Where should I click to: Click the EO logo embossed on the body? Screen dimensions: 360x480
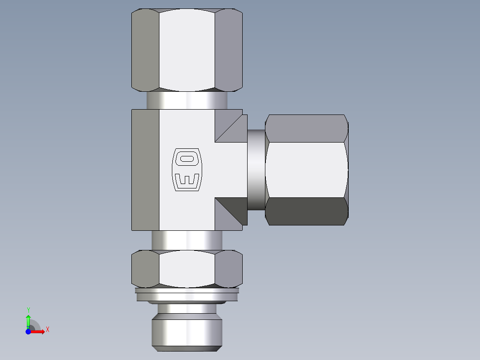click(187, 169)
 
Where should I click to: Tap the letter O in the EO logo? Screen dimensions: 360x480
click(187, 158)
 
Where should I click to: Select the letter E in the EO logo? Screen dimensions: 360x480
click(187, 180)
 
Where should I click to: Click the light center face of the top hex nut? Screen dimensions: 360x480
click(187, 49)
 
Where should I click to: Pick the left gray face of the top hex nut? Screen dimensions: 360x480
click(145, 49)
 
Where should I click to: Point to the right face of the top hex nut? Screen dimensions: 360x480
click(229, 49)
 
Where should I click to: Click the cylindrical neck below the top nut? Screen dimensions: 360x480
click(187, 100)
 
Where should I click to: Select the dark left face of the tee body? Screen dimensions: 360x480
click(145, 169)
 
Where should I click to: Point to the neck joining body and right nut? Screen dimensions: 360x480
click(256, 169)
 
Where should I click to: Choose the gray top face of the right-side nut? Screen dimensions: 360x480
click(306, 128)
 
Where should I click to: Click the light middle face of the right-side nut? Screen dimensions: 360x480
click(306, 169)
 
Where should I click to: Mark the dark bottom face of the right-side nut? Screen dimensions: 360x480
click(306, 212)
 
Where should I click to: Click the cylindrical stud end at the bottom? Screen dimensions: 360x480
click(187, 330)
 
